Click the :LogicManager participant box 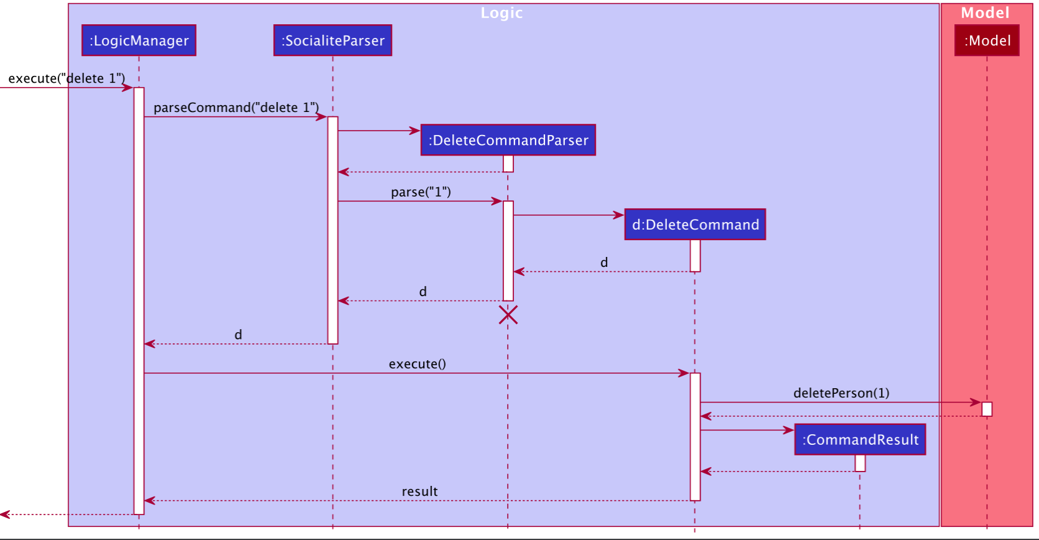[x=139, y=40]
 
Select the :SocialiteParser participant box [x=333, y=40]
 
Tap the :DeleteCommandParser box [x=508, y=140]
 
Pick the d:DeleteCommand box [x=695, y=225]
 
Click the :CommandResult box [x=860, y=440]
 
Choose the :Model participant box [x=987, y=40]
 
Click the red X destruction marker [x=508, y=315]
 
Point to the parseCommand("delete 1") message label [x=236, y=108]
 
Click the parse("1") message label [x=421, y=192]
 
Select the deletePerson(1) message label [x=841, y=393]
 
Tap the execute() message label [x=417, y=364]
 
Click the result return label [x=419, y=491]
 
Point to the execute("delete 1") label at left [x=67, y=78]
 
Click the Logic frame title [x=501, y=13]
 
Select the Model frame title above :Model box [x=985, y=13]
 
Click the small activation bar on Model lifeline [x=987, y=409]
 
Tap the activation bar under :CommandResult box [x=860, y=463]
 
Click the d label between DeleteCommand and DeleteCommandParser [x=603, y=263]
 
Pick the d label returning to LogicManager [x=238, y=335]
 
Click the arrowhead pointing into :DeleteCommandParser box [x=415, y=131]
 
